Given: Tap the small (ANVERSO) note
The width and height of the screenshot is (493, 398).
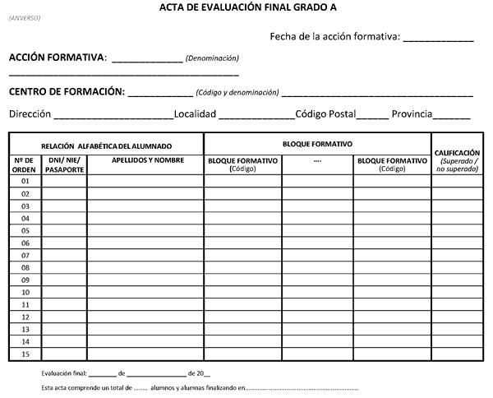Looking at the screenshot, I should tap(24, 18).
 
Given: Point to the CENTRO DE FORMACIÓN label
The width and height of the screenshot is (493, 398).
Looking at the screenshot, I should tap(67, 92).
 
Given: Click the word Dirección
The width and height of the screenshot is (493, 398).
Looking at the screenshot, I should tap(30, 113).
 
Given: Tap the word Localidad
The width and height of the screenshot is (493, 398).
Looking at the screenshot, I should tap(195, 113).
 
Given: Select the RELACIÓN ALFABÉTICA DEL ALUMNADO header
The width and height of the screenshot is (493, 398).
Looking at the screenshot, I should tap(107, 146).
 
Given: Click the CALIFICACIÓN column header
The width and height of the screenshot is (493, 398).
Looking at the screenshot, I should tap(458, 153).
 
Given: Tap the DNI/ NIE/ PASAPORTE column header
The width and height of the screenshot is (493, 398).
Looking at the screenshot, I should tap(65, 164).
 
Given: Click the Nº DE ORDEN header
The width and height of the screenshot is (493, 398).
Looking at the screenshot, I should tap(25, 164).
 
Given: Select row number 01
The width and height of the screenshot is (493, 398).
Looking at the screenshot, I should tap(25, 181).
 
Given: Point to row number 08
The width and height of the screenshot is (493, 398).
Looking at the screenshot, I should tap(25, 268).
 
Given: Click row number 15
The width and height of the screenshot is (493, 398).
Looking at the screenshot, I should tap(25, 354).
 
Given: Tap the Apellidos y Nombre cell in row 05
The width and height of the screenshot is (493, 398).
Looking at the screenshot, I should tap(145, 231).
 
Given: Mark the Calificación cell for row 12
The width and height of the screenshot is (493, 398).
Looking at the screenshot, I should tap(458, 317).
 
